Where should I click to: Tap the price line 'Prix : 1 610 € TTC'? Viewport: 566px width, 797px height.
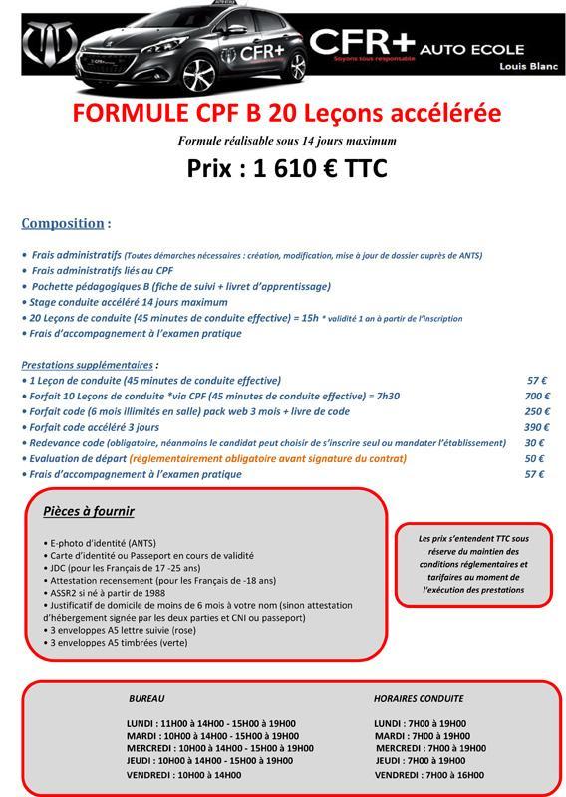[x=287, y=169]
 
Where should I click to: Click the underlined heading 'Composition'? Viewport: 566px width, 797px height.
[x=63, y=223]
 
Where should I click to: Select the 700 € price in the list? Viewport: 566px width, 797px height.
[x=538, y=396]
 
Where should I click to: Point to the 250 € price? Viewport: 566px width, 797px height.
[x=538, y=411]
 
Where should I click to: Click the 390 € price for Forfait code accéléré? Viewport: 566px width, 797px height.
[x=538, y=427]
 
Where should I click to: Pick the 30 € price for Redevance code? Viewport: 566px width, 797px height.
[x=534, y=443]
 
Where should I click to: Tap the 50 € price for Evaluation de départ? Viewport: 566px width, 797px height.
[x=534, y=459]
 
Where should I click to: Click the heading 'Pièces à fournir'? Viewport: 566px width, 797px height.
[x=89, y=512]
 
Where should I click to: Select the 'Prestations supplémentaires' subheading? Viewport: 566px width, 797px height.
[x=88, y=365]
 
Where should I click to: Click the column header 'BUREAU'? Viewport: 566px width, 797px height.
[x=146, y=699]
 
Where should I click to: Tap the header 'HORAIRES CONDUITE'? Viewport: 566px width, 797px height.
[x=419, y=699]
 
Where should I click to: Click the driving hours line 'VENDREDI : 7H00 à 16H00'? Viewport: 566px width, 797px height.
[x=428, y=774]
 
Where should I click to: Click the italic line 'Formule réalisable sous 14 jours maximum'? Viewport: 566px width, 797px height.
[x=287, y=141]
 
